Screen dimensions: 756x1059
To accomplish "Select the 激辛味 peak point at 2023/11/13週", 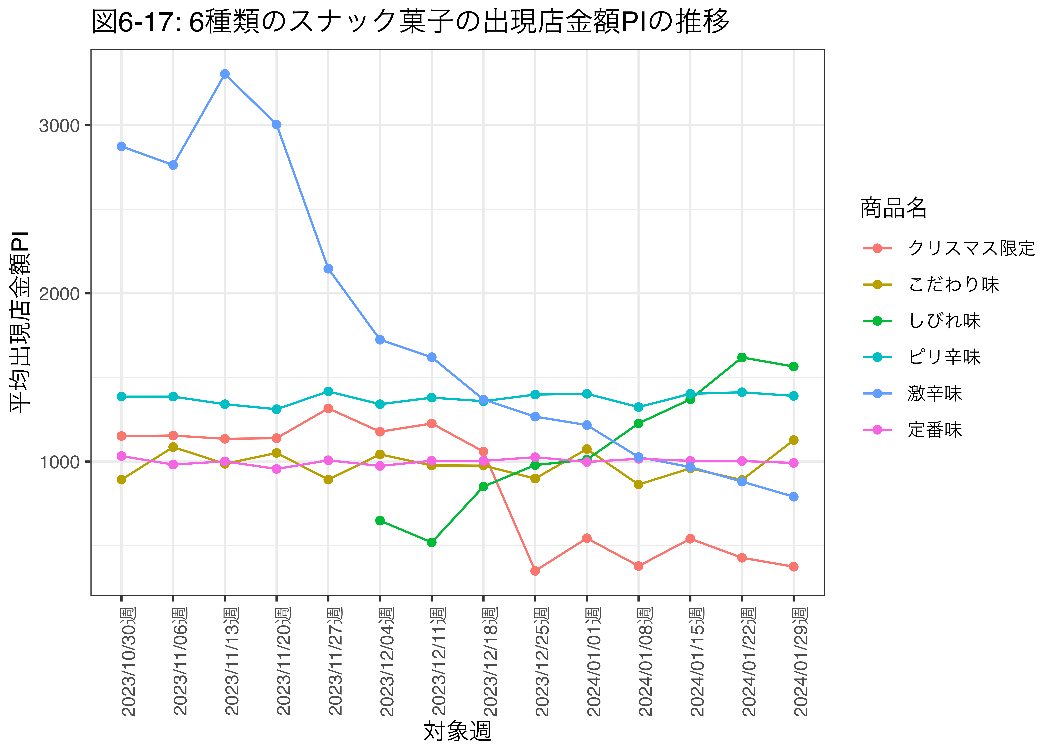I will coord(225,74).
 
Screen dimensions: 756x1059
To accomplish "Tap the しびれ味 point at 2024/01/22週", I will coord(742,357).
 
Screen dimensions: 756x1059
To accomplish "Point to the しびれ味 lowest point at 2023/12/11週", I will coord(432,542).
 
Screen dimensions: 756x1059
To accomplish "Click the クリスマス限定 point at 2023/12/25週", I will coord(535,571).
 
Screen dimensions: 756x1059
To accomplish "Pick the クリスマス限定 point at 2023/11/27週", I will coord(328,408).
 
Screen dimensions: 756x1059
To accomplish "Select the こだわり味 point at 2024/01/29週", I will coord(793,440).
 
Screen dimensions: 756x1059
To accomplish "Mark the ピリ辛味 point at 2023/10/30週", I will coord(122,397).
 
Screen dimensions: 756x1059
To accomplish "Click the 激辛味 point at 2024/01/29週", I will coord(793,497).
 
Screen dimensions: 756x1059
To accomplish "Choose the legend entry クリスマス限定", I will coord(971,248).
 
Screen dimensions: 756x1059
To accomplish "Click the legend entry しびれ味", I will coord(944,321).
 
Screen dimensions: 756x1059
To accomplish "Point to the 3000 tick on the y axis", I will coord(59,126).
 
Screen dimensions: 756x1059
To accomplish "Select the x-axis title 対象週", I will coord(457,731).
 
